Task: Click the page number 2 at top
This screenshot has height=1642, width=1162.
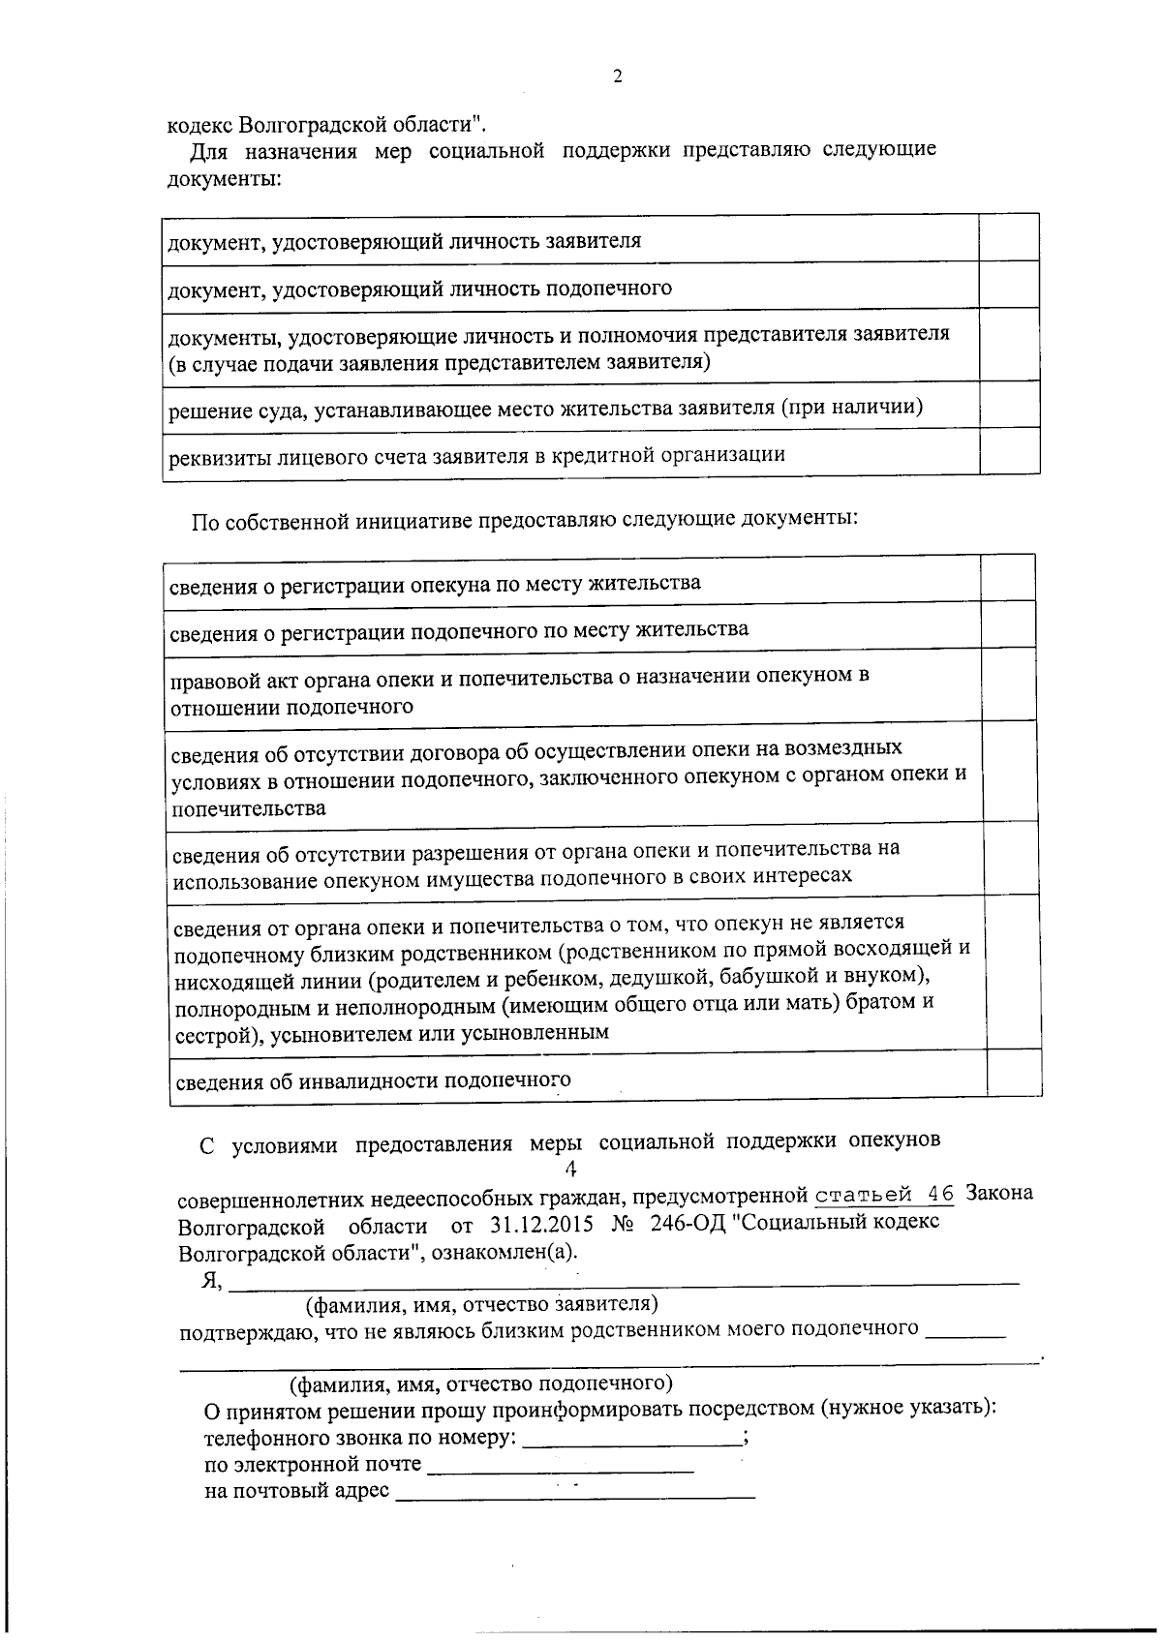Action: point(618,77)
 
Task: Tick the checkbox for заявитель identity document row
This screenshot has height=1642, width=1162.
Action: point(1009,238)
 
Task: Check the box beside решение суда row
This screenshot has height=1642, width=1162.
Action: point(1010,405)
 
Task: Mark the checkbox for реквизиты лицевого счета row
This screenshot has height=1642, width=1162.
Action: point(1010,451)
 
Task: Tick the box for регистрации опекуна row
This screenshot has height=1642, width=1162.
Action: point(1008,578)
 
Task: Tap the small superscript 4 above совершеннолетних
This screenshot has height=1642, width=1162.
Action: point(570,1170)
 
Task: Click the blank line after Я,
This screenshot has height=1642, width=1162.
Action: point(625,1280)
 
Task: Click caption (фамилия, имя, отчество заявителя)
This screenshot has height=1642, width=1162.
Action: point(482,1305)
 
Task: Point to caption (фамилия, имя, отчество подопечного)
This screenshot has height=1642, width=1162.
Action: point(482,1383)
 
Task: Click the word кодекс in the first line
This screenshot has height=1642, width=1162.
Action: point(199,126)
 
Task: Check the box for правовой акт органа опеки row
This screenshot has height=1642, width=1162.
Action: point(1009,684)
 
